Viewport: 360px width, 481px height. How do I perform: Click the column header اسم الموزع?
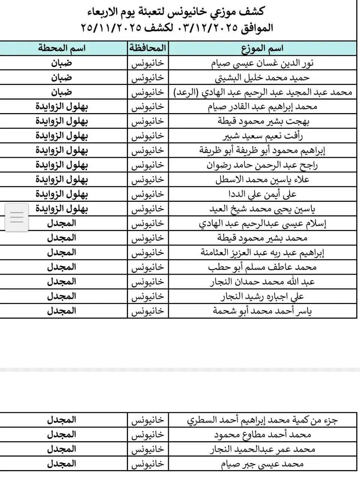262,48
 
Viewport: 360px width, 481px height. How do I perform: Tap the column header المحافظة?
148,48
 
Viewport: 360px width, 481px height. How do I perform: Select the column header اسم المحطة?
62,48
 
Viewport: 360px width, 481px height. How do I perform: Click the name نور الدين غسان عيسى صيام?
262,63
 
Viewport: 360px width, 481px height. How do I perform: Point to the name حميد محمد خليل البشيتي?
262,78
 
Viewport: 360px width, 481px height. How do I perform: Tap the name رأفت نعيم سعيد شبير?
262,136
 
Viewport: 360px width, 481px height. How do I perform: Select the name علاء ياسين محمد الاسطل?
262,180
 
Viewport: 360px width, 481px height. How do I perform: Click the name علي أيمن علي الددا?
262,194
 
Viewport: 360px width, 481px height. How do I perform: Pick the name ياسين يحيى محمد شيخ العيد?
262,209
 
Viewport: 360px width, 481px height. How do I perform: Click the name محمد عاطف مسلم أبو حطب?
262,267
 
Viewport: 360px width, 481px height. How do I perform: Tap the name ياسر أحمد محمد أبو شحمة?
262,311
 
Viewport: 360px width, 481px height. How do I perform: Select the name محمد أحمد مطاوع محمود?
262,435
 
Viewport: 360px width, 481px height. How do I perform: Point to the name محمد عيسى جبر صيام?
262,464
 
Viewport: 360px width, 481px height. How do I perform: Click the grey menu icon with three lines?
17,217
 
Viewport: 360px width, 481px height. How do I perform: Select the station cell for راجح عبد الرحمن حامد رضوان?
62,165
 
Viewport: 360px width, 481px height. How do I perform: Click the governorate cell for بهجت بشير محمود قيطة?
148,121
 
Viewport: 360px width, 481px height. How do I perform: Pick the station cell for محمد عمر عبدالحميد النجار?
62,449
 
